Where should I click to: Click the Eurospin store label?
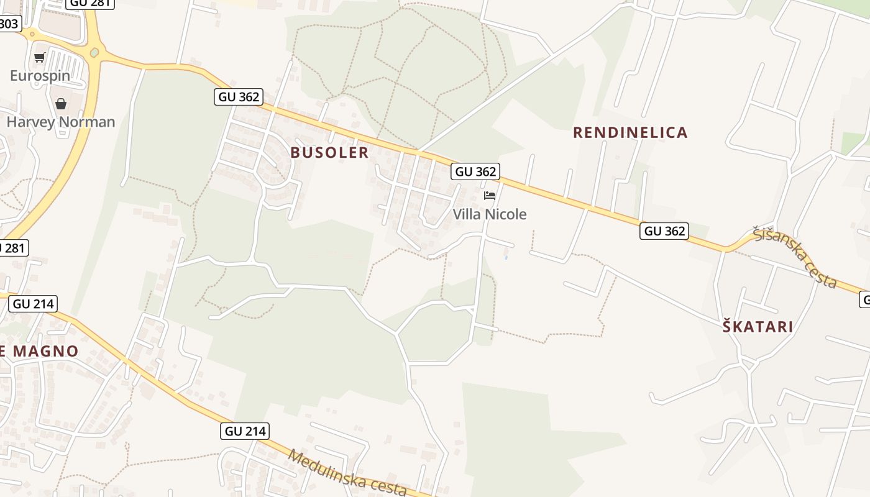pyautogui.click(x=40, y=76)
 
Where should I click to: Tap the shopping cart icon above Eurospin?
pyautogui.click(x=40, y=58)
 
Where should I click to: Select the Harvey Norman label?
pyautogui.click(x=61, y=122)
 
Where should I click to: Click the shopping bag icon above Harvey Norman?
pyautogui.click(x=61, y=104)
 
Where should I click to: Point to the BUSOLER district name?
pyautogui.click(x=329, y=153)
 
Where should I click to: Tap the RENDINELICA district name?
pyautogui.click(x=630, y=132)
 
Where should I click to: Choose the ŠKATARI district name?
pyautogui.click(x=758, y=327)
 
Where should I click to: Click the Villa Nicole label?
pyautogui.click(x=490, y=214)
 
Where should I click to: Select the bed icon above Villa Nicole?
pyautogui.click(x=490, y=196)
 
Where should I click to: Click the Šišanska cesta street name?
pyautogui.click(x=795, y=258)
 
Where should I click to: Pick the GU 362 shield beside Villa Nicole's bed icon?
pyautogui.click(x=476, y=171)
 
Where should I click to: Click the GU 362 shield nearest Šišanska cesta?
pyautogui.click(x=665, y=231)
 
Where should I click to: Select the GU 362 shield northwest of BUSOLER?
pyautogui.click(x=239, y=97)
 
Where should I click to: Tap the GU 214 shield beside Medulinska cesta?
pyautogui.click(x=245, y=431)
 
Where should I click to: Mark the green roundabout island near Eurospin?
pyautogui.click(x=94, y=53)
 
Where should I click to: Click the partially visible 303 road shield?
pyautogui.click(x=9, y=24)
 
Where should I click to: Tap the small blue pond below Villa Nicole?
pyautogui.click(x=506, y=255)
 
